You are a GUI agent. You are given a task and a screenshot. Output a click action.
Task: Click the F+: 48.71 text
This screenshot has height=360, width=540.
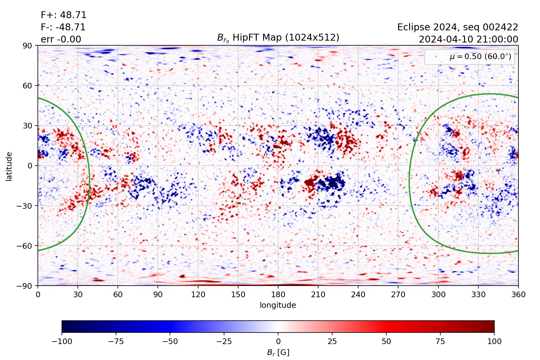(63, 15)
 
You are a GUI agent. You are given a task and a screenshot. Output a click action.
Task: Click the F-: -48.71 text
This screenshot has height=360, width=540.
(63, 27)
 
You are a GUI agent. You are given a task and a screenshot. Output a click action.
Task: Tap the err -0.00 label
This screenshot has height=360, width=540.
(61, 39)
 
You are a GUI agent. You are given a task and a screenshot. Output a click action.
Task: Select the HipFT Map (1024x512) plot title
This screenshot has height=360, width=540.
(278, 38)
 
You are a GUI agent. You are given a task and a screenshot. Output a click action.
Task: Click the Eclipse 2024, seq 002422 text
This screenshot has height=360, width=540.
(457, 27)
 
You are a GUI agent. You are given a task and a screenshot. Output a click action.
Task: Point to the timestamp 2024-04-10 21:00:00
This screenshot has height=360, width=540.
(468, 39)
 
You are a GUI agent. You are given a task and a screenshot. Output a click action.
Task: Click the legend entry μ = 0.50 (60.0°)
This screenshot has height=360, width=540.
(480, 57)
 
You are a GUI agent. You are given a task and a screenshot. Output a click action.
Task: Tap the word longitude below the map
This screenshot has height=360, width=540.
(278, 305)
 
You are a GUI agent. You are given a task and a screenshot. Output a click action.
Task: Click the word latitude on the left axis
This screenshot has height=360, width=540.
(9, 166)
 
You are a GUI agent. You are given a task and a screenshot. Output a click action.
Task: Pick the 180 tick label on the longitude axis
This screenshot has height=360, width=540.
(278, 294)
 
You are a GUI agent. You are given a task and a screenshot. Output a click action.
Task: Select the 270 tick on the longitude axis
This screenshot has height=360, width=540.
(398, 294)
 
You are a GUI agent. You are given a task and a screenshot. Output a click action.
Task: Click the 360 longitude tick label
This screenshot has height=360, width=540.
(518, 294)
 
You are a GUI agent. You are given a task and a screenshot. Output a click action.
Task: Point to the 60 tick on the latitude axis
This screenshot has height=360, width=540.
(27, 86)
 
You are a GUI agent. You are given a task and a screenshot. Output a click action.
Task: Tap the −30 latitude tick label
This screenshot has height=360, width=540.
(25, 206)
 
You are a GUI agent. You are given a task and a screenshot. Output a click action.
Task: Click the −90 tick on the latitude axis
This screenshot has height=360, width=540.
(25, 286)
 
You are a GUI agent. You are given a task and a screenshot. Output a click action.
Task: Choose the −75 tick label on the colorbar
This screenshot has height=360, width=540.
(116, 341)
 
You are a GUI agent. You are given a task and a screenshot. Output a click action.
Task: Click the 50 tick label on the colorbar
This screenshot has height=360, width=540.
(386, 341)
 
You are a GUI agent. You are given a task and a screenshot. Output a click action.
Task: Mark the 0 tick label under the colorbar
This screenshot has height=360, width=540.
(278, 341)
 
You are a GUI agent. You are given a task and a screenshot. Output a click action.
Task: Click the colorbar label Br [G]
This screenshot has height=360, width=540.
(278, 352)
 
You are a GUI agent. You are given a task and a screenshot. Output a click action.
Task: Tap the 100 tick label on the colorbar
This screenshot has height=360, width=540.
(494, 341)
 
